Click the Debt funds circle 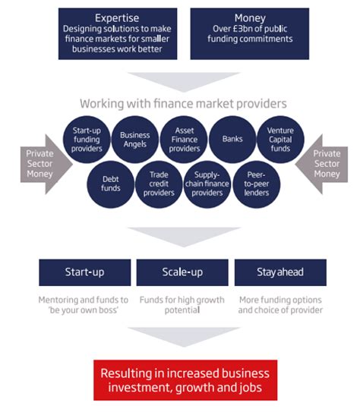click(x=111, y=182)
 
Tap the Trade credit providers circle click(x=158, y=183)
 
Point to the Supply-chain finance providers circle click(x=207, y=183)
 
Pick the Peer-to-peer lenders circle click(x=256, y=183)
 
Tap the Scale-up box click(x=182, y=272)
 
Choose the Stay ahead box click(x=280, y=272)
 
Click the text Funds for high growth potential click(x=182, y=305)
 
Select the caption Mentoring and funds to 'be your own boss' click(x=84, y=305)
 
